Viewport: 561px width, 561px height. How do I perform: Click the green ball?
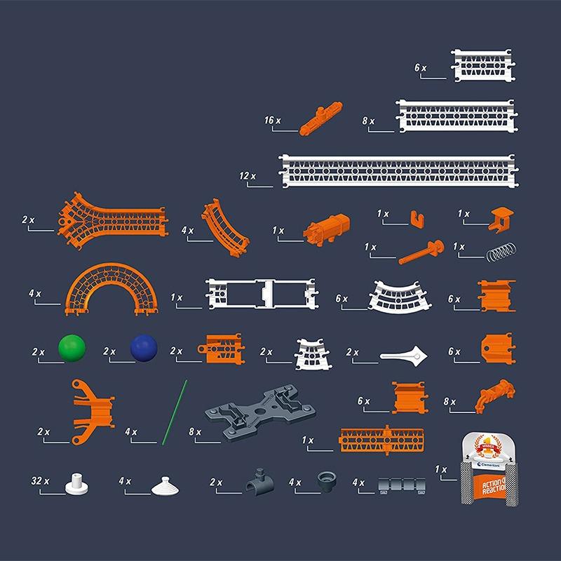tap(72, 348)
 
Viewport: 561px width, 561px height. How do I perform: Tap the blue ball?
tap(144, 348)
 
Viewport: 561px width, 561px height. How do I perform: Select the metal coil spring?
tap(501, 252)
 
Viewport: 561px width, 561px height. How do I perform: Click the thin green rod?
tap(175, 412)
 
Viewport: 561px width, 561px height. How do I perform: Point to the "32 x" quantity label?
tap(40, 481)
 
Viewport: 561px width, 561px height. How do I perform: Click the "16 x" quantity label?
tap(273, 120)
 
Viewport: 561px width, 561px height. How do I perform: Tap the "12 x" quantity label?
tap(248, 176)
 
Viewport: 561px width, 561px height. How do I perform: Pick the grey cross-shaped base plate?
tap(260, 412)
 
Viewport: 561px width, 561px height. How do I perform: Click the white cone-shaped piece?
tap(165, 486)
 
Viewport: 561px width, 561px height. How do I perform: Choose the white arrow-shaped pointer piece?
tap(405, 356)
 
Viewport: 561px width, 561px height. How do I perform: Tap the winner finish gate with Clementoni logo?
tap(489, 469)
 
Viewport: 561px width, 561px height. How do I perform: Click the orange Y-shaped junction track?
tap(112, 221)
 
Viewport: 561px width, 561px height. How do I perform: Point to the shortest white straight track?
tap(483, 65)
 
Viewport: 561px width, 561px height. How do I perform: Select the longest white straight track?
tap(398, 171)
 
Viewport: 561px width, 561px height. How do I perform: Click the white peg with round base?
tap(76, 484)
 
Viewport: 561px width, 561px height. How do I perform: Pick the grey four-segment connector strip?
tap(402, 485)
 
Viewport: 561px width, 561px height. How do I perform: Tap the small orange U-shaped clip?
tap(417, 219)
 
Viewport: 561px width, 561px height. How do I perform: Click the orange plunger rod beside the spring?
tap(421, 252)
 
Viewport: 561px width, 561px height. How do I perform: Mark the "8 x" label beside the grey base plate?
tap(195, 432)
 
